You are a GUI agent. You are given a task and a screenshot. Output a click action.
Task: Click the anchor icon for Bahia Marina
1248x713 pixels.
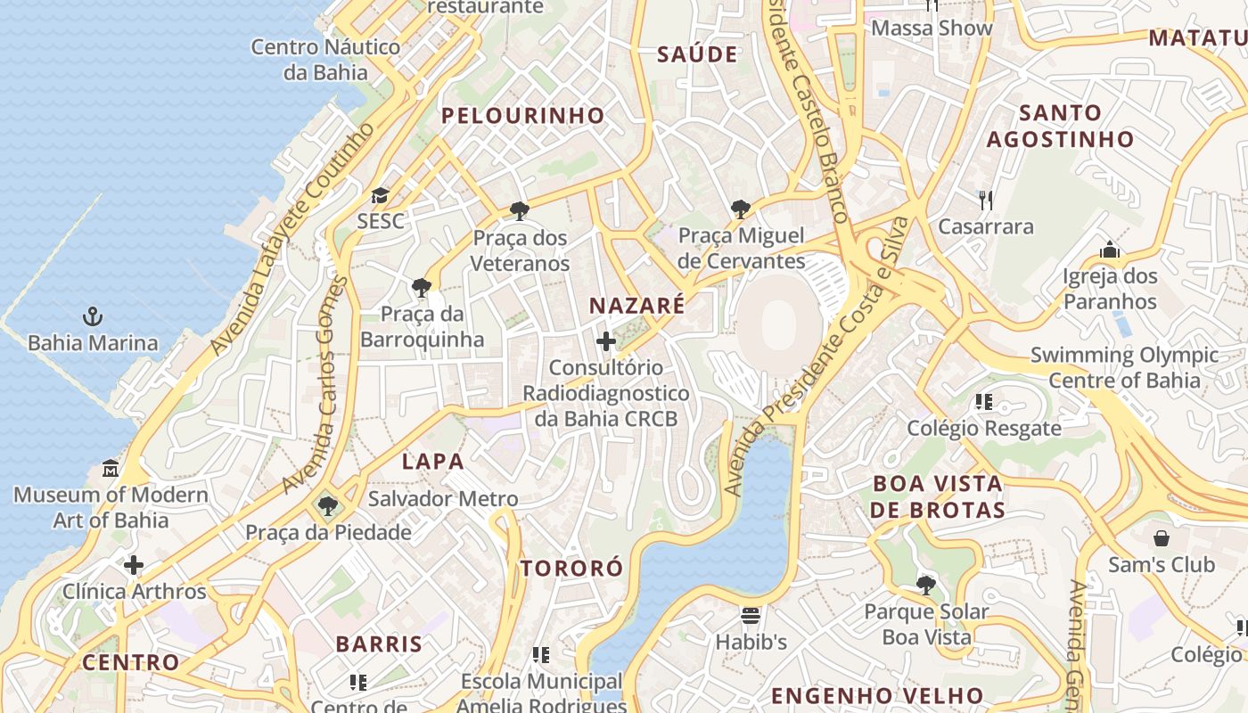[92, 316]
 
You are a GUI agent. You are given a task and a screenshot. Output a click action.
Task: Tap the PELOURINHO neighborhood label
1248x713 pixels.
[522, 115]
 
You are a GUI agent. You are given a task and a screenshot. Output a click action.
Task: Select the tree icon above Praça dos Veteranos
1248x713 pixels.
[520, 211]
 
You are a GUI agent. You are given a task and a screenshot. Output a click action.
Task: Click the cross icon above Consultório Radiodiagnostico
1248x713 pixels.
[606, 340]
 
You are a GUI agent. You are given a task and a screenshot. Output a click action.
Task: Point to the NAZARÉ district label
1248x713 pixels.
[636, 306]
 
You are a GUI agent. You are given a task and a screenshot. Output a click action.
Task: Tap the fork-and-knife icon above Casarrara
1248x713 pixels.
[985, 200]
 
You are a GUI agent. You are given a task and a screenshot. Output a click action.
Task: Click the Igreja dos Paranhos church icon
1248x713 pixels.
[1110, 250]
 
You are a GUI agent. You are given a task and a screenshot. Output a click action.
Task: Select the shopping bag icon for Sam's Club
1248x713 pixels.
[1161, 538]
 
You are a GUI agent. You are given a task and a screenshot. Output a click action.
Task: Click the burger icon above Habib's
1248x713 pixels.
[751, 615]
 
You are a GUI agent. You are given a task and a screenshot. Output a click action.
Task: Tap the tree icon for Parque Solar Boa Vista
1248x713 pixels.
[926, 586]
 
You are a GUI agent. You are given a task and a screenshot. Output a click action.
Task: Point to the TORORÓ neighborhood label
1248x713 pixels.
[571, 568]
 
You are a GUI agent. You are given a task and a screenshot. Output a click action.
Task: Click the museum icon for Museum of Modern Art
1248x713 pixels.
[111, 468]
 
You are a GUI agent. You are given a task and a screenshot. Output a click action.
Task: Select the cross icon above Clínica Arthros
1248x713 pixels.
[134, 565]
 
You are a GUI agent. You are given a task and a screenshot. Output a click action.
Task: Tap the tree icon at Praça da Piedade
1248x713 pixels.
[328, 506]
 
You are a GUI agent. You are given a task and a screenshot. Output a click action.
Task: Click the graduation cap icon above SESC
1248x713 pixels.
[381, 195]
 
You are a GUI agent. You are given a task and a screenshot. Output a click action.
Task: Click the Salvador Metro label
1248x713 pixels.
[442, 498]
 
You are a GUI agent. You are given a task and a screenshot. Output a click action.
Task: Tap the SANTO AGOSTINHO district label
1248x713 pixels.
[1060, 126]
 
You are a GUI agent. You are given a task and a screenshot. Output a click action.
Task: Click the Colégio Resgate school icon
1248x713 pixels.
[984, 402]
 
